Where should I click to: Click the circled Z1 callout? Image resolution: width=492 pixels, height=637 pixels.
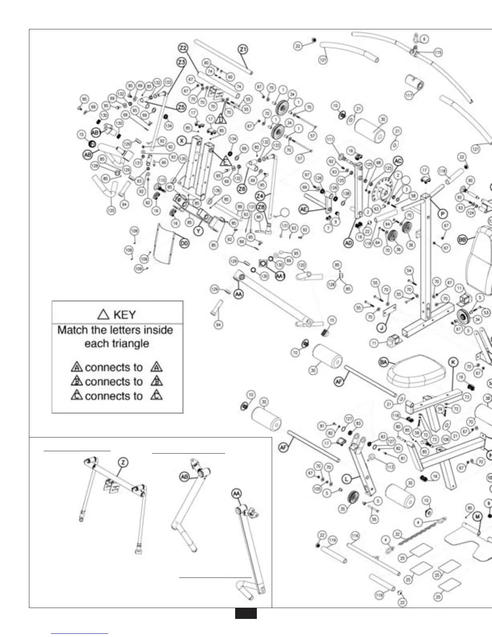coord(243,49)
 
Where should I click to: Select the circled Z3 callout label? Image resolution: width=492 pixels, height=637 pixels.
coord(182,62)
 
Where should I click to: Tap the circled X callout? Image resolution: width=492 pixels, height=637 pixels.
coord(182,141)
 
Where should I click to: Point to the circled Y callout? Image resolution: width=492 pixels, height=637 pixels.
coord(198,231)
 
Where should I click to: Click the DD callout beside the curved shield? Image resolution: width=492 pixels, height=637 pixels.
coord(184,243)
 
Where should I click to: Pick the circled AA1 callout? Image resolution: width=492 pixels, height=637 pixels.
coord(280,276)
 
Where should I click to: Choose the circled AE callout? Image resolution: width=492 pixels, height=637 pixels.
coord(304,209)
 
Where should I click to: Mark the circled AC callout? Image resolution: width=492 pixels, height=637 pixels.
coord(398,161)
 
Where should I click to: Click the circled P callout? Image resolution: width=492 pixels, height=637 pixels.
coord(443,214)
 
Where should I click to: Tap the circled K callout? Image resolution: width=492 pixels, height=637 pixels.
coord(453,362)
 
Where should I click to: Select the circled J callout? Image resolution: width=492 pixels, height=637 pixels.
coord(382,328)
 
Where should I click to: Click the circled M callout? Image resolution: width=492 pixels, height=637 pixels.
coord(477,517)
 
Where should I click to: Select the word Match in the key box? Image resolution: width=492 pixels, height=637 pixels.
coord(72,330)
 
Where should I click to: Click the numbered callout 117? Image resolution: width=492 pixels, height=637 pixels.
coord(409,96)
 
